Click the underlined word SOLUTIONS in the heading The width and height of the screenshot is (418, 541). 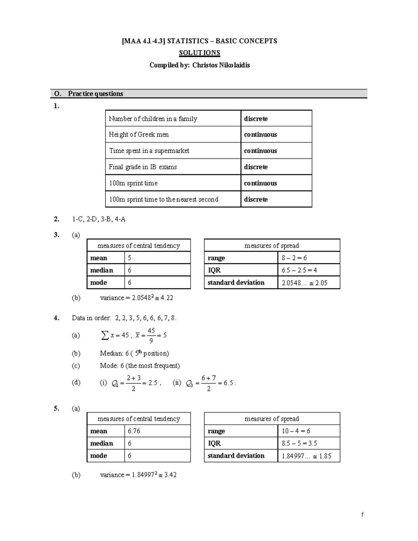point(199,53)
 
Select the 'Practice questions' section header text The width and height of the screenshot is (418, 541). point(95,94)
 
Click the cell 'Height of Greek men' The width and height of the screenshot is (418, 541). point(139,134)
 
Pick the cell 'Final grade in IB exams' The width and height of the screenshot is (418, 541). point(143,167)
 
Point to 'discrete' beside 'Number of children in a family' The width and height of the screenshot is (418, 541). point(256,119)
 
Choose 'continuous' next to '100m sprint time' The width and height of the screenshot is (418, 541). point(260,183)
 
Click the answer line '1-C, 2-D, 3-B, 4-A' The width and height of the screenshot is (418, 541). point(99,219)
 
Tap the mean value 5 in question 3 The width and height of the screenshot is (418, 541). point(130,258)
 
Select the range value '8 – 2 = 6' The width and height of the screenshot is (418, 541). point(294,258)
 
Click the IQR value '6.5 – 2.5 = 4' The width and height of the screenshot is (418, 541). point(299,270)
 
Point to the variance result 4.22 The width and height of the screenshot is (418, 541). point(167,298)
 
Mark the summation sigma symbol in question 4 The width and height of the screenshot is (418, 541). point(104,335)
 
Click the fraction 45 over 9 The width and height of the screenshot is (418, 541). point(151,335)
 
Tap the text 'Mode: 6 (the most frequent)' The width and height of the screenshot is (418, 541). point(140,366)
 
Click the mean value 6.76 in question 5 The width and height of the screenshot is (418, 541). point(134,431)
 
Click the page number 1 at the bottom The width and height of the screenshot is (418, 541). point(362,515)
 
